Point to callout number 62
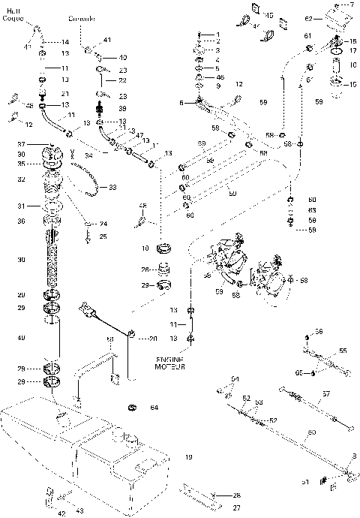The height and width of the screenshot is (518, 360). pyautogui.click(x=307, y=17)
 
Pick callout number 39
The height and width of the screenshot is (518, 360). pyautogui.click(x=121, y=108)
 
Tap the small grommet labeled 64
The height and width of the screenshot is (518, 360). pyautogui.click(x=133, y=408)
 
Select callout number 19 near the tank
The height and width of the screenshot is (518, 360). pyautogui.click(x=189, y=456)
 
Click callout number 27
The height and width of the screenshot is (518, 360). pyautogui.click(x=215, y=507)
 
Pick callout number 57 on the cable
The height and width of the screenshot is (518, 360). pyautogui.click(x=325, y=393)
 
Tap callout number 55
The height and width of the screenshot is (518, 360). pyautogui.click(x=342, y=351)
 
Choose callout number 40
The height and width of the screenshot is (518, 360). pyautogui.click(x=123, y=57)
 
